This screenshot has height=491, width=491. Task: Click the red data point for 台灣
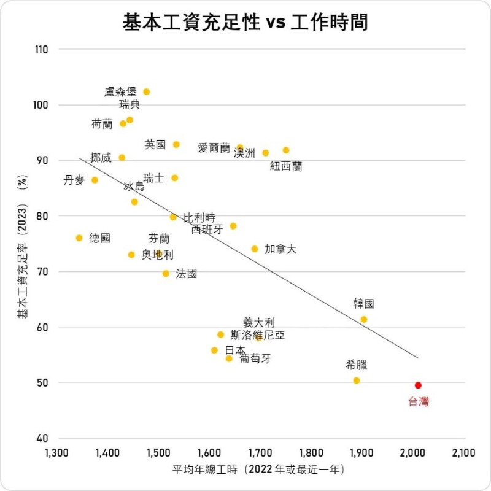[418, 385]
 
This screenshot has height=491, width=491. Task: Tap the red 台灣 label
[419, 402]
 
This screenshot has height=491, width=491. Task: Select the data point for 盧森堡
[147, 92]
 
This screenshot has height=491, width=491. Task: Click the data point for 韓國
[364, 320]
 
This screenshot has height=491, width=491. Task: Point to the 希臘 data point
[357, 381]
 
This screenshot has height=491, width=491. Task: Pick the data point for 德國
[79, 238]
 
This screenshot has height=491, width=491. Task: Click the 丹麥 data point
[95, 180]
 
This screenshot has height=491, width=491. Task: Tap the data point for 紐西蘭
[286, 150]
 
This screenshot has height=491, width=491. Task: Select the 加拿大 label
[280, 249]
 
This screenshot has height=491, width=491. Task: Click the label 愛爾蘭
[214, 148]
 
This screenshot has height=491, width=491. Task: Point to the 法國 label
[187, 274]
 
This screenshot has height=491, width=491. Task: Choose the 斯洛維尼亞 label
[257, 335]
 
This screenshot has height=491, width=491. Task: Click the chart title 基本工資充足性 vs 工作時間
[245, 23]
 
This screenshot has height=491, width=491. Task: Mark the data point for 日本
[214, 350]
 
